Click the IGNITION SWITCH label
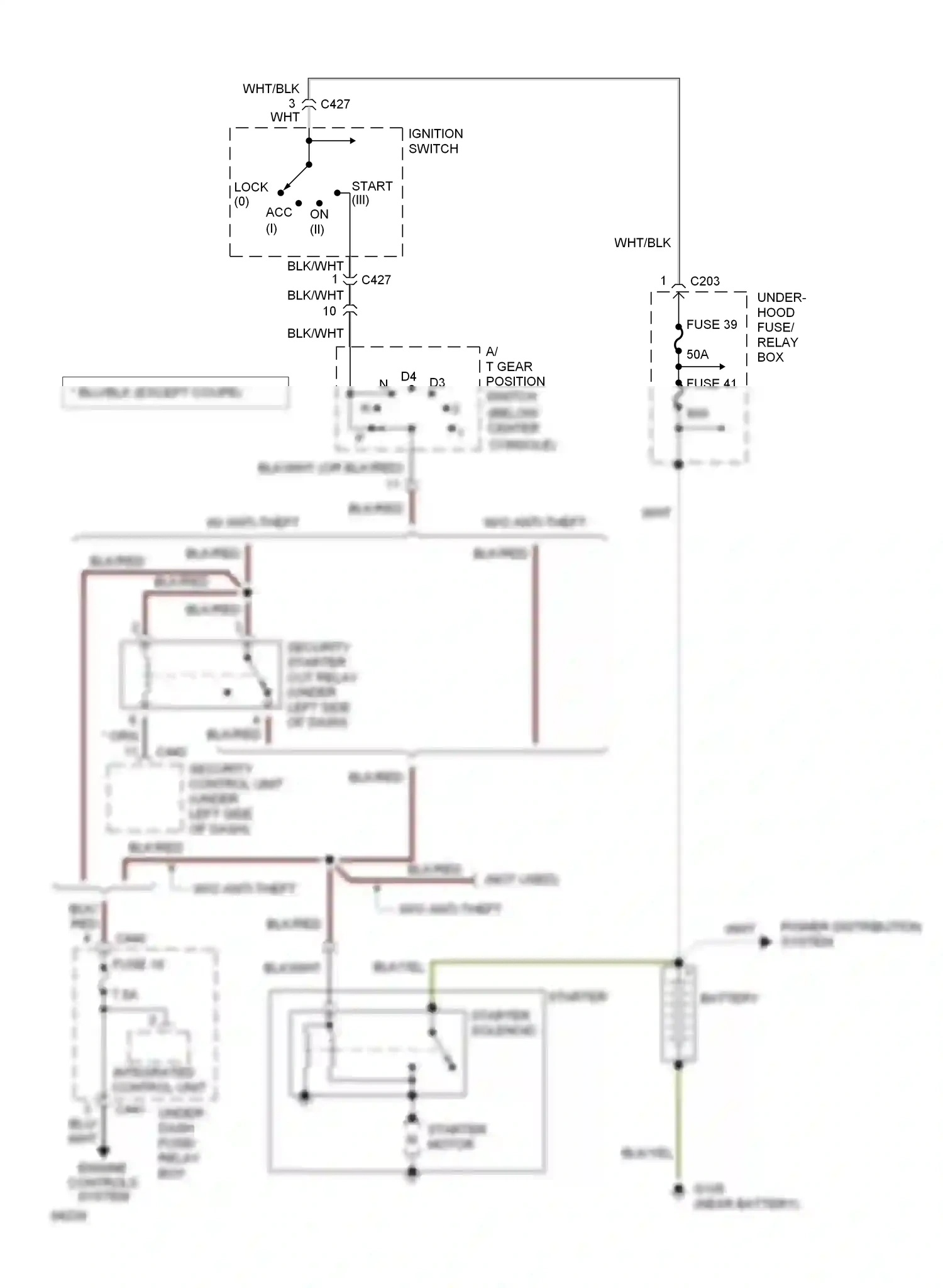pos(435,141)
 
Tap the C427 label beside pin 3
pos(335,104)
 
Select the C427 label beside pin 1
pos(376,280)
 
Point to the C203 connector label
pos(705,281)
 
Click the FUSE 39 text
pos(711,325)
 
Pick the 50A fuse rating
pos(697,354)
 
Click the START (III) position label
pos(371,192)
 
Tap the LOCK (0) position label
pos(250,194)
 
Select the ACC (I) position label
pos(278,219)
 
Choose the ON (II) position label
pos(319,221)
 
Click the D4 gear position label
pos(409,376)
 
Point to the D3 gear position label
pos(437,382)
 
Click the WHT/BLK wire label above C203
pos(642,243)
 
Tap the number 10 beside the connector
pos(329,311)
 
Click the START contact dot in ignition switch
pos(338,192)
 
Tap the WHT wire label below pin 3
pos(285,117)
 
